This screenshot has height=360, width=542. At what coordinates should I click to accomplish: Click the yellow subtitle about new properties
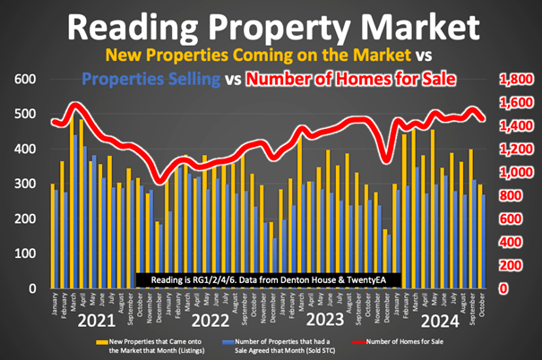click(x=270, y=56)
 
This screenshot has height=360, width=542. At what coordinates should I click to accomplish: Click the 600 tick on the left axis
click(x=24, y=80)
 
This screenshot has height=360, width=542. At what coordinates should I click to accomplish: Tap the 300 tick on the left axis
click(x=24, y=184)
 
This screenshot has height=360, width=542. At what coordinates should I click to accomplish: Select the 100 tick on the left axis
click(x=24, y=254)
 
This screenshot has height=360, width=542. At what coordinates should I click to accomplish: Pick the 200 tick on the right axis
click(x=512, y=266)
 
